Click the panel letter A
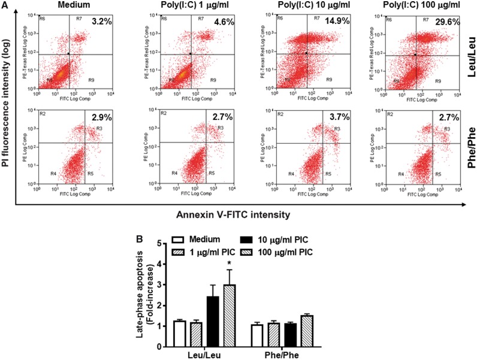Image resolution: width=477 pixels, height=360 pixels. tap(5, 5)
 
